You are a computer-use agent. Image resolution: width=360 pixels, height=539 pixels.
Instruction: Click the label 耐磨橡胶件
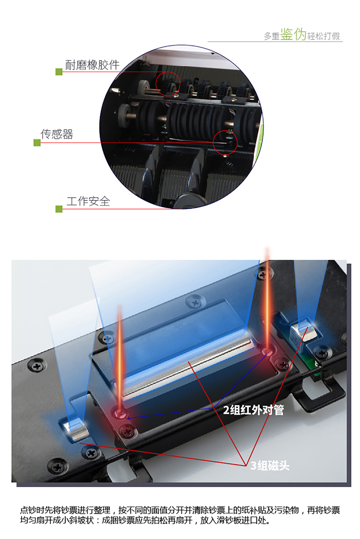(92, 65)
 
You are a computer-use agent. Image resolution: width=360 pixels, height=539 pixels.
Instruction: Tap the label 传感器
(57, 134)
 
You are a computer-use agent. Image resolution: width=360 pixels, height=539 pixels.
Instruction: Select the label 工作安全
(88, 201)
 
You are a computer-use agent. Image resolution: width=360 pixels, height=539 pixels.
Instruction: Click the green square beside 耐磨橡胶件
(59, 72)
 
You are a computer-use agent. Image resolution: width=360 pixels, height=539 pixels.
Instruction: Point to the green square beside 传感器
(37, 143)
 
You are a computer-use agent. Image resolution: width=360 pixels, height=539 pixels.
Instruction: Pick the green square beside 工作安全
(59, 209)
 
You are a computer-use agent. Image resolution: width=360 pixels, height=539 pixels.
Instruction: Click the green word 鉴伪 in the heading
(293, 34)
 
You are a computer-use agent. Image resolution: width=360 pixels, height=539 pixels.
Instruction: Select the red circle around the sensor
(213, 143)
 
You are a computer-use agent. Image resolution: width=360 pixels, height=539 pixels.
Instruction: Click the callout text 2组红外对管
(253, 410)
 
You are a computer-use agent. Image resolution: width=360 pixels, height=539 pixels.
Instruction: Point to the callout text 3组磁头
(270, 465)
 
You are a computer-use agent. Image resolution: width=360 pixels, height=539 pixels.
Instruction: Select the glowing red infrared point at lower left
(120, 412)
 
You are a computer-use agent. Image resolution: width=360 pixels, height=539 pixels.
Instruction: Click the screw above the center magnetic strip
(195, 303)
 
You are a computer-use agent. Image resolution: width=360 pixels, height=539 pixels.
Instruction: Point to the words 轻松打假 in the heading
(324, 36)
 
